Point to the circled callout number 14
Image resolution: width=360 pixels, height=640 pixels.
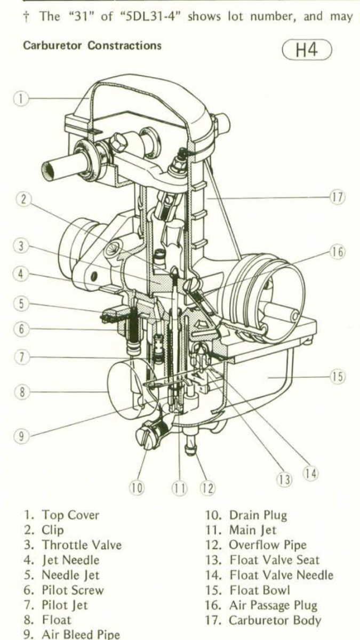tap(310, 474)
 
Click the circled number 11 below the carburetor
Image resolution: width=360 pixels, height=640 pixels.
tap(179, 489)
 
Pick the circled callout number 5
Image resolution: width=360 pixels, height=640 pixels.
tap(21, 303)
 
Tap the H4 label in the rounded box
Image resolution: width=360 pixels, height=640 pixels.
tap(307, 50)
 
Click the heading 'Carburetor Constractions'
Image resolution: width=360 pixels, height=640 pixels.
tap(92, 46)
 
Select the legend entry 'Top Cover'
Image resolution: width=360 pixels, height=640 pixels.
tap(70, 515)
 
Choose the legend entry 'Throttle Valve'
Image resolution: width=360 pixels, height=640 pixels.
tap(82, 545)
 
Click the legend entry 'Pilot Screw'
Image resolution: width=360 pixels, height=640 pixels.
tap(73, 590)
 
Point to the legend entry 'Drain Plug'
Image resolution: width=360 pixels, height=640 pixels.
tap(258, 515)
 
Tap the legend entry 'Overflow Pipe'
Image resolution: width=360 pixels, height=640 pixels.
tap(268, 545)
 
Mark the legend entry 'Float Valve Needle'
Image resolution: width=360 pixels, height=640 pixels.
tap(282, 574)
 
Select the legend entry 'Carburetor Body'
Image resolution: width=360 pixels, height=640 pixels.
tap(275, 620)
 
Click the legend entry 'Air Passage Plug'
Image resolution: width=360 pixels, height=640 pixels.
tap(273, 605)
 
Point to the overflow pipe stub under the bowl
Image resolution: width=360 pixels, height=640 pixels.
tap(190, 445)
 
